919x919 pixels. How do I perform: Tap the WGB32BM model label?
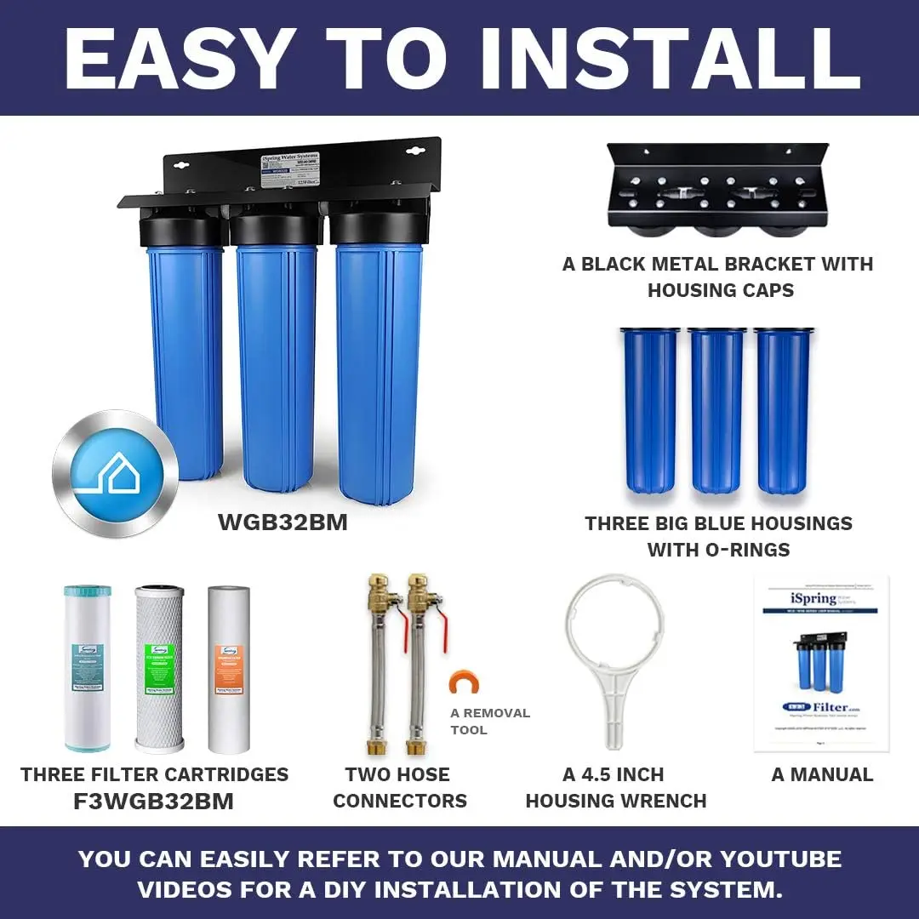pyautogui.click(x=283, y=522)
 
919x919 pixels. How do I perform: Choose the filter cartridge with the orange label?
pyautogui.click(x=229, y=668)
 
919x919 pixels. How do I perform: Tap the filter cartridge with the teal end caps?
pyautogui.click(x=87, y=668)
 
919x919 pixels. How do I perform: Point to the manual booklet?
pyautogui.click(x=821, y=664)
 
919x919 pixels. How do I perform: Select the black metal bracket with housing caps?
pyautogui.click(x=716, y=187)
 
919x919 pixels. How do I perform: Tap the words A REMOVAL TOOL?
pyautogui.click(x=490, y=722)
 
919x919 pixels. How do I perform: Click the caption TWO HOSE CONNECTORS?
pyautogui.click(x=400, y=787)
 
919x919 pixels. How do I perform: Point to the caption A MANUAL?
pyautogui.click(x=822, y=774)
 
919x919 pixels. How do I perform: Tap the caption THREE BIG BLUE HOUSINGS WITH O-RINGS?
pyautogui.click(x=718, y=536)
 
